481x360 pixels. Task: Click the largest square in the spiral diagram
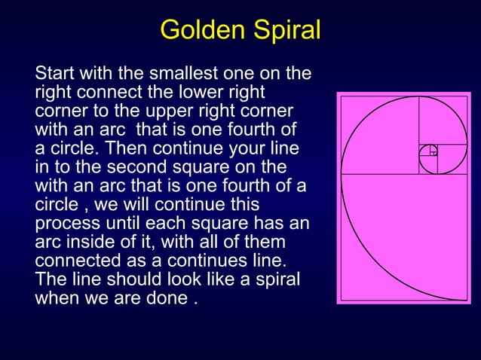click(x=404, y=236)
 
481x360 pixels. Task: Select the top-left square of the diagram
click(x=379, y=136)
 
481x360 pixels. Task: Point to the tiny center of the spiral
click(x=433, y=150)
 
